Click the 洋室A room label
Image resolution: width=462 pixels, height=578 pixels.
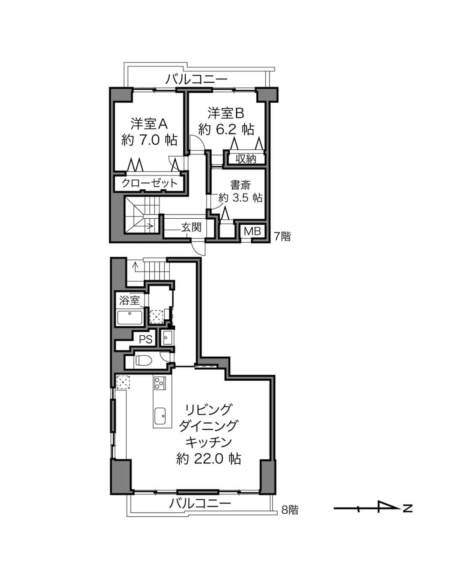point(149,124)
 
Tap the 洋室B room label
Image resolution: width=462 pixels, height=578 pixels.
point(226,113)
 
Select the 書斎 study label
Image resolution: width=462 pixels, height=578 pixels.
point(240,185)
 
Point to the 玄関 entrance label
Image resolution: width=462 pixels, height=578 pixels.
point(191,227)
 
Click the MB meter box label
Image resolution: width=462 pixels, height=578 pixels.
point(252,231)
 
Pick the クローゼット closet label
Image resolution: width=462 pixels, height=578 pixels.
point(150,183)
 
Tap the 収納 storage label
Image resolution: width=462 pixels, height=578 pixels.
point(246,159)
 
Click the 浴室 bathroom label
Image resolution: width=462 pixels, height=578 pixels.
point(129,301)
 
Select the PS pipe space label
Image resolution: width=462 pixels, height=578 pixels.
point(146,340)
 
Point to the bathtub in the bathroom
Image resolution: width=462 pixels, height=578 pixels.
point(130,318)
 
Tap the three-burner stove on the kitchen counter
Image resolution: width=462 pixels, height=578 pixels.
point(160,383)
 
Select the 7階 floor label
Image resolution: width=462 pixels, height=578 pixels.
point(282,237)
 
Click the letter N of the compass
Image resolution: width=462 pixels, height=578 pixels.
point(408,508)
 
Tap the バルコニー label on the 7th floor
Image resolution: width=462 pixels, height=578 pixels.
point(196,79)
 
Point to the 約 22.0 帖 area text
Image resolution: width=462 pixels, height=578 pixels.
point(209,459)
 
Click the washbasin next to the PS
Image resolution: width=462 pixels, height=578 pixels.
point(168,338)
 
